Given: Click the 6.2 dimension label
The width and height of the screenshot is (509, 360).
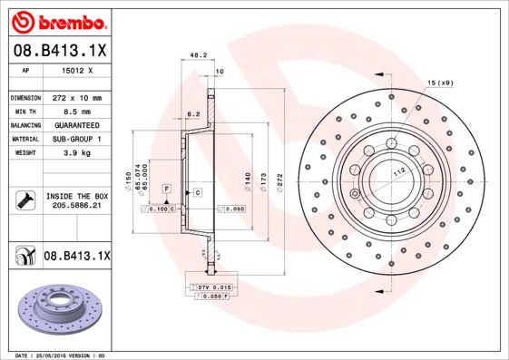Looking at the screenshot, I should (x=192, y=114).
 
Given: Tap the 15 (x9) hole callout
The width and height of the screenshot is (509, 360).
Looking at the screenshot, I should (x=440, y=83).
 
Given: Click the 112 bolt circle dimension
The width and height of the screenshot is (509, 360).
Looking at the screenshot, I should (x=397, y=172).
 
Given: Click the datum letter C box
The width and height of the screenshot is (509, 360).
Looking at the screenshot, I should (x=197, y=194).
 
